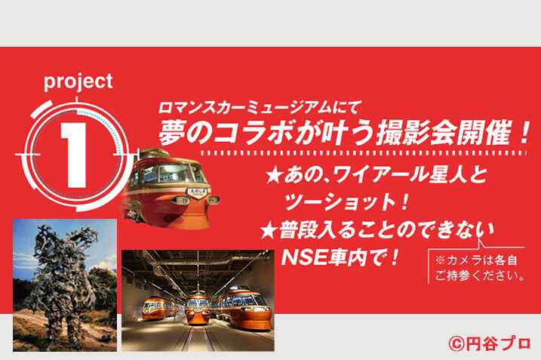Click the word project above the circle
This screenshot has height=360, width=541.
(78, 83)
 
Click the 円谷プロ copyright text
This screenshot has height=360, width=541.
(489, 343)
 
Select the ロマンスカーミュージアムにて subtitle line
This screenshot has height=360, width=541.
(260, 107)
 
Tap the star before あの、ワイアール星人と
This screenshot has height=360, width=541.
(275, 176)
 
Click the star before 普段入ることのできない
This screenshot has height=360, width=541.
(269, 231)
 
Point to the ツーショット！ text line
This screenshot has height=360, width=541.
(346, 202)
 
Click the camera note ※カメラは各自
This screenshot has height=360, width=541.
(476, 260)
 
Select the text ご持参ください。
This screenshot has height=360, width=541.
(480, 275)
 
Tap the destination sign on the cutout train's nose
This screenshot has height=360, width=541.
(196, 192)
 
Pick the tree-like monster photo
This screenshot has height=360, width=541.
(65, 285)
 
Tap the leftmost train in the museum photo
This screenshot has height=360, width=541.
(161, 308)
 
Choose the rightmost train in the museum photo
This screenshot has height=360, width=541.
(242, 306)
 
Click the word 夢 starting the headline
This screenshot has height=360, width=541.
(174, 134)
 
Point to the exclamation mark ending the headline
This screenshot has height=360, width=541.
(522, 134)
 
